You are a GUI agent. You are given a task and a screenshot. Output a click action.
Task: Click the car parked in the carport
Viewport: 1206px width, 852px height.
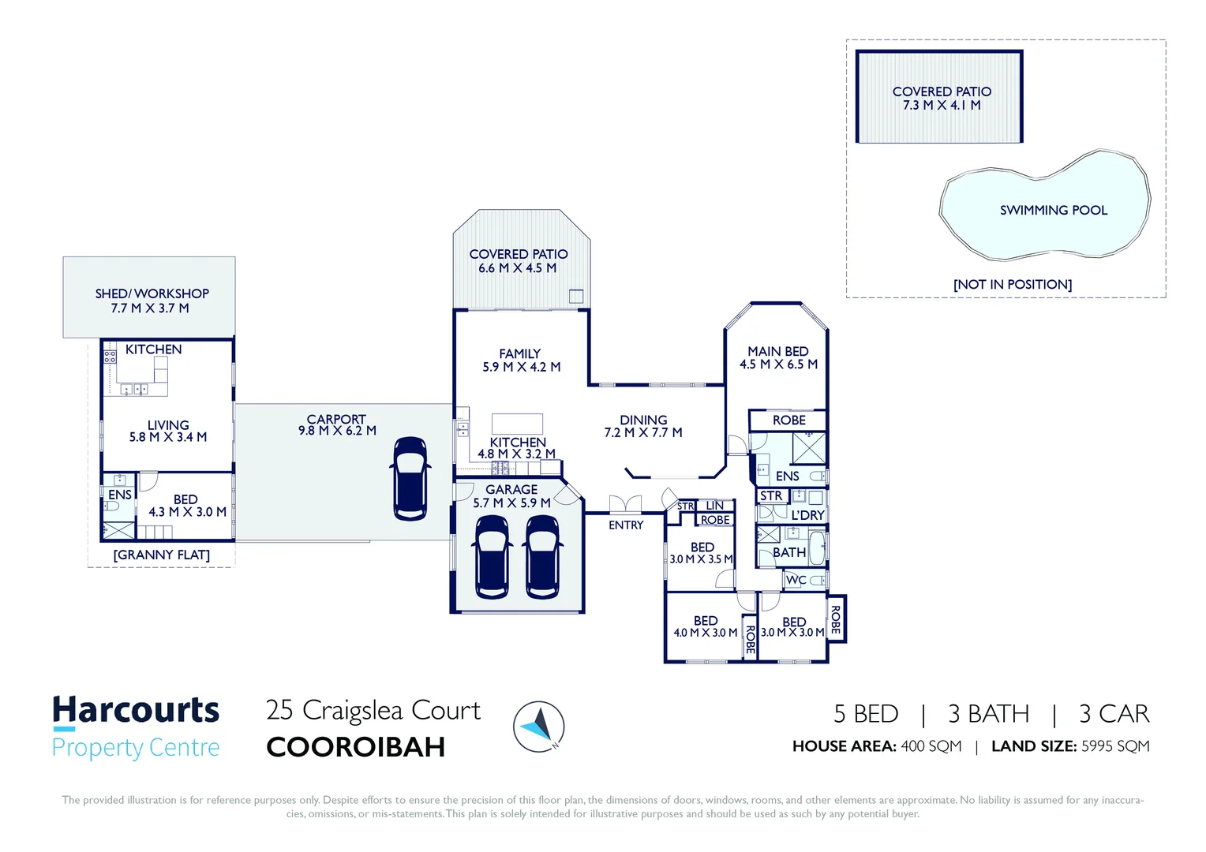pyautogui.click(x=410, y=478)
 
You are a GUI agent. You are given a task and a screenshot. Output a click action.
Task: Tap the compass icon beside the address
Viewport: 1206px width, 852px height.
pyautogui.click(x=539, y=727)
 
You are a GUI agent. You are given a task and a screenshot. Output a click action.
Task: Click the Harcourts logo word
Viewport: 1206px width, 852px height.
pyautogui.click(x=136, y=711)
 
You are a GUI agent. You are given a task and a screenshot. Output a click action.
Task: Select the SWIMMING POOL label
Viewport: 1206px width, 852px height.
pyautogui.click(x=1053, y=211)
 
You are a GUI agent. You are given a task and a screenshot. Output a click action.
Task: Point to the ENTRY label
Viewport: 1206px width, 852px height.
pyautogui.click(x=626, y=525)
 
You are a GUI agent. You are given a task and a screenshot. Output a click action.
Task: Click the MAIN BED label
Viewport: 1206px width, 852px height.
pyautogui.click(x=778, y=351)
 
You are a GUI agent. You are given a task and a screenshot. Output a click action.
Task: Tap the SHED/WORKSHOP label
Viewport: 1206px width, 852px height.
pyautogui.click(x=152, y=293)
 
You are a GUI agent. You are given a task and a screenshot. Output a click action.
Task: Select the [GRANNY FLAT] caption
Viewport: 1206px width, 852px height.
pyautogui.click(x=162, y=555)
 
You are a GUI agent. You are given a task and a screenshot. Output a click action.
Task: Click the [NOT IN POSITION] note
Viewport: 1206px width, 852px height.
pyautogui.click(x=1013, y=285)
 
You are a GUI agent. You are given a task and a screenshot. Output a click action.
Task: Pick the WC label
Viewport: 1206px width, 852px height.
pyautogui.click(x=796, y=580)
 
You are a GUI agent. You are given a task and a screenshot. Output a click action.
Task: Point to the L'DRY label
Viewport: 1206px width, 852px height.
pyautogui.click(x=807, y=515)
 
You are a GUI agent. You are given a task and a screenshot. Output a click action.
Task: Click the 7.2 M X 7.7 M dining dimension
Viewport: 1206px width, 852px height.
pyautogui.click(x=643, y=432)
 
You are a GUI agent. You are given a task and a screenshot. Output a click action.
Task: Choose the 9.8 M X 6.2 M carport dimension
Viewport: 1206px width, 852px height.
pyautogui.click(x=337, y=431)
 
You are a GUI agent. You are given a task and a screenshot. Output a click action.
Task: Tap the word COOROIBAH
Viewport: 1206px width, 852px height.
pyautogui.click(x=356, y=747)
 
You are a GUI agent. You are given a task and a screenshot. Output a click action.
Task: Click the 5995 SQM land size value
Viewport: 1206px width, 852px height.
pyautogui.click(x=1115, y=746)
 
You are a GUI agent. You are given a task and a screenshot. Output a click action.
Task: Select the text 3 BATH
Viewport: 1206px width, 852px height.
pyautogui.click(x=988, y=714)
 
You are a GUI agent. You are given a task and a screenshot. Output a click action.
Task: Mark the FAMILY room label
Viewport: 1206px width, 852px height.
pyautogui.click(x=520, y=354)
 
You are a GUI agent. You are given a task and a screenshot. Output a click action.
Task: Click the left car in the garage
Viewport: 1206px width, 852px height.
pyautogui.click(x=492, y=556)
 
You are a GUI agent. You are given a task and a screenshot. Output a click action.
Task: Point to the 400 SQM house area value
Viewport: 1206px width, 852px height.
pyautogui.click(x=931, y=746)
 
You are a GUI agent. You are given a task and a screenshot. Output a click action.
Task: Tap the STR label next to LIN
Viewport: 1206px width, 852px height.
pyautogui.click(x=685, y=506)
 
